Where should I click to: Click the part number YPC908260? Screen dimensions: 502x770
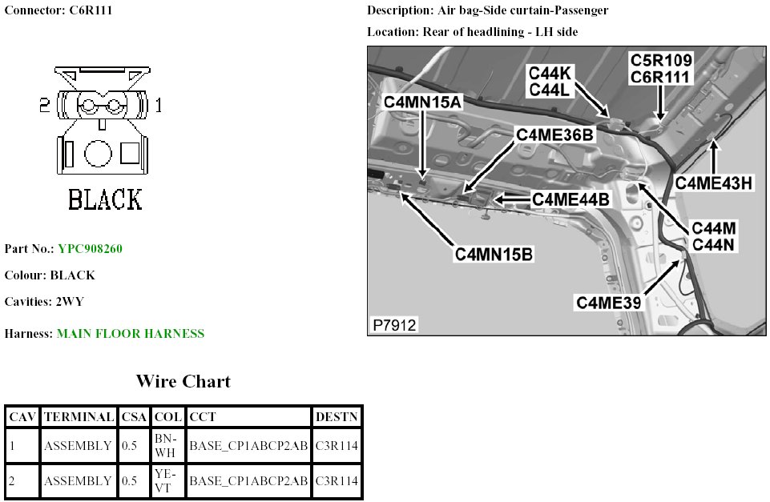90,248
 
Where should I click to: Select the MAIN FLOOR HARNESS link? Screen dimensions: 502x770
130,333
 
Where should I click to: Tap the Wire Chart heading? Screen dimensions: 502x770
183,381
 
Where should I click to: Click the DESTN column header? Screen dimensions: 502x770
337,417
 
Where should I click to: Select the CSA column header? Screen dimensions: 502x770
134,417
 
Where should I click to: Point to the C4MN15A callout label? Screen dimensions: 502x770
423,102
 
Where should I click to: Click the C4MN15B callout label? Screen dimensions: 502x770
494,255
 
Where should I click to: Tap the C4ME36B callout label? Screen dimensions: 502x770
554,135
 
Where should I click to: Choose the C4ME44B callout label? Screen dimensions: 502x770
571,198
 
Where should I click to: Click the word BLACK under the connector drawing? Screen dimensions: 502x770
105,199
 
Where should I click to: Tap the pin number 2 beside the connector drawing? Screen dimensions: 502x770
45,105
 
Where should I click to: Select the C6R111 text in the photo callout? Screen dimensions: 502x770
661,76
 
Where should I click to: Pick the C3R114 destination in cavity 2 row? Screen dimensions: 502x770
337,481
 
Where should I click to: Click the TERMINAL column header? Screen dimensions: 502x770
79,417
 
